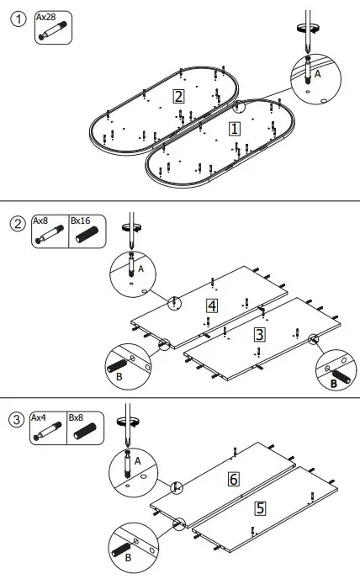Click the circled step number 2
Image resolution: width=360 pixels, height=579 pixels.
tap(17, 224)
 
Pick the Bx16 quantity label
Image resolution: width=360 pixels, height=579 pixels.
tap(80, 220)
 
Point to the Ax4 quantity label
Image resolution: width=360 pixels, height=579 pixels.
tap(40, 417)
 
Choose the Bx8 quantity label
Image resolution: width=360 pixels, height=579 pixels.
tap(76, 417)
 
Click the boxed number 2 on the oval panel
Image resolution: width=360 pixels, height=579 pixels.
tap(177, 95)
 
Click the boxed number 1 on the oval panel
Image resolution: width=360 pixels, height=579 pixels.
tap(235, 128)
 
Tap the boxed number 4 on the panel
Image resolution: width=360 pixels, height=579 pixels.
tap(212, 305)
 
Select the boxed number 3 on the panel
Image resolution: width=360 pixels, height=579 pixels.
tap(260, 334)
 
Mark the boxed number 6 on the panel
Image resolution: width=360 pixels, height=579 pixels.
tap(235, 479)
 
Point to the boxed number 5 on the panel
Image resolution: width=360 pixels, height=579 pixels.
tap(260, 508)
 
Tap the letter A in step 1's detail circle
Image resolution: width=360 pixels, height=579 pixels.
tap(317, 74)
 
